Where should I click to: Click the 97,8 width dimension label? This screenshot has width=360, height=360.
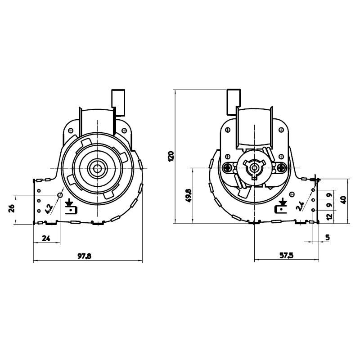pos(84,256)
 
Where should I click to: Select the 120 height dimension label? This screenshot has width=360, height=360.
pos(171,156)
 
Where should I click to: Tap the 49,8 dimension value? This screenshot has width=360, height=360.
pos(189,195)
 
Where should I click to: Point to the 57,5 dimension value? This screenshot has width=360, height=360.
pos(286,255)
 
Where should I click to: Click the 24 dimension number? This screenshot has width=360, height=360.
pos(46,238)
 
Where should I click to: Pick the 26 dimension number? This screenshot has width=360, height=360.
pos(12,208)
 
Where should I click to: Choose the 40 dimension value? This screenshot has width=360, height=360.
pos(344,200)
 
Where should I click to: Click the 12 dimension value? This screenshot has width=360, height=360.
pos(329,216)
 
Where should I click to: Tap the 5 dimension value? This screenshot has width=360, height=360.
pos(328,237)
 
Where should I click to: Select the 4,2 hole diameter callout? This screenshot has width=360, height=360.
pos(49,209)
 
